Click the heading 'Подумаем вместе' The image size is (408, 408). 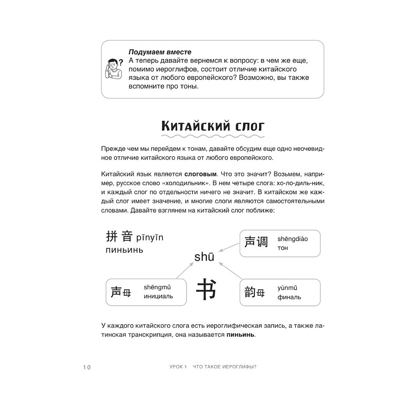point(160,52)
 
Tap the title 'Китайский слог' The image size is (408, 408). point(213,125)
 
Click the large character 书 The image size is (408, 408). point(206,289)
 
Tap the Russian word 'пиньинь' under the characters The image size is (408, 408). point(124,250)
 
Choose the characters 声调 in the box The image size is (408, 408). point(256,242)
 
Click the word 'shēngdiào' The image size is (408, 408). point(293,239)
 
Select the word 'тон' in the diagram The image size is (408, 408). point(283,248)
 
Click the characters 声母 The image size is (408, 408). point(121,293)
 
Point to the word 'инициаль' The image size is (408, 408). point(158,296)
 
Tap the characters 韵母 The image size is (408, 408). point(255,293)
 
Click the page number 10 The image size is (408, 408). point(86,367)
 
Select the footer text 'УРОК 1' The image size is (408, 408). point(172,367)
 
